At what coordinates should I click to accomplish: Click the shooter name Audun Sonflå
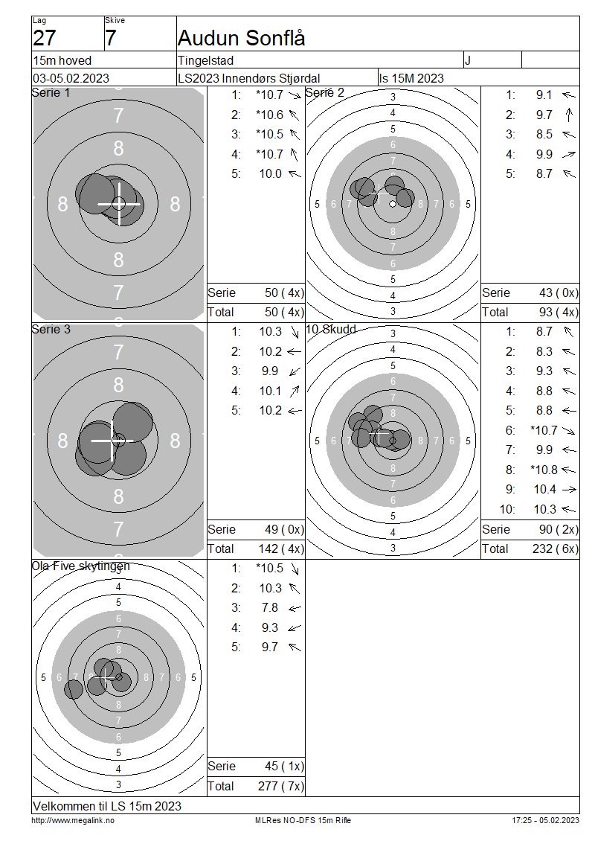(242, 38)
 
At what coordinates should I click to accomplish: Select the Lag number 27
(45, 38)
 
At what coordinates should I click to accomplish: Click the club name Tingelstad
(205, 60)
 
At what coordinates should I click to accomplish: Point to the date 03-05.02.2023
(71, 78)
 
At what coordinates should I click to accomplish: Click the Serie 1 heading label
(51, 93)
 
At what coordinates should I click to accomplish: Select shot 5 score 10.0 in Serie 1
(270, 173)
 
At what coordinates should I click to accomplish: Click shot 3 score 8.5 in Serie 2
(544, 135)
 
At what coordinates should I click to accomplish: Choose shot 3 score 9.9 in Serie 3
(271, 371)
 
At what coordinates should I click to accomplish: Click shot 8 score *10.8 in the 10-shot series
(543, 470)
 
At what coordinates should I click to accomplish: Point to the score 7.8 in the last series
(270, 608)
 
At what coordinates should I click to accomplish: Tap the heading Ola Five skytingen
(80, 566)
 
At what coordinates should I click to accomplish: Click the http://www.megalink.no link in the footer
(73, 820)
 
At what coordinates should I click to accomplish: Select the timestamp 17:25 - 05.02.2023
(545, 820)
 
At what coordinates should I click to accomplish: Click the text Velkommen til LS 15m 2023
(107, 806)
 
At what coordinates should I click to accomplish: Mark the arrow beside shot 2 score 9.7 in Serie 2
(569, 115)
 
